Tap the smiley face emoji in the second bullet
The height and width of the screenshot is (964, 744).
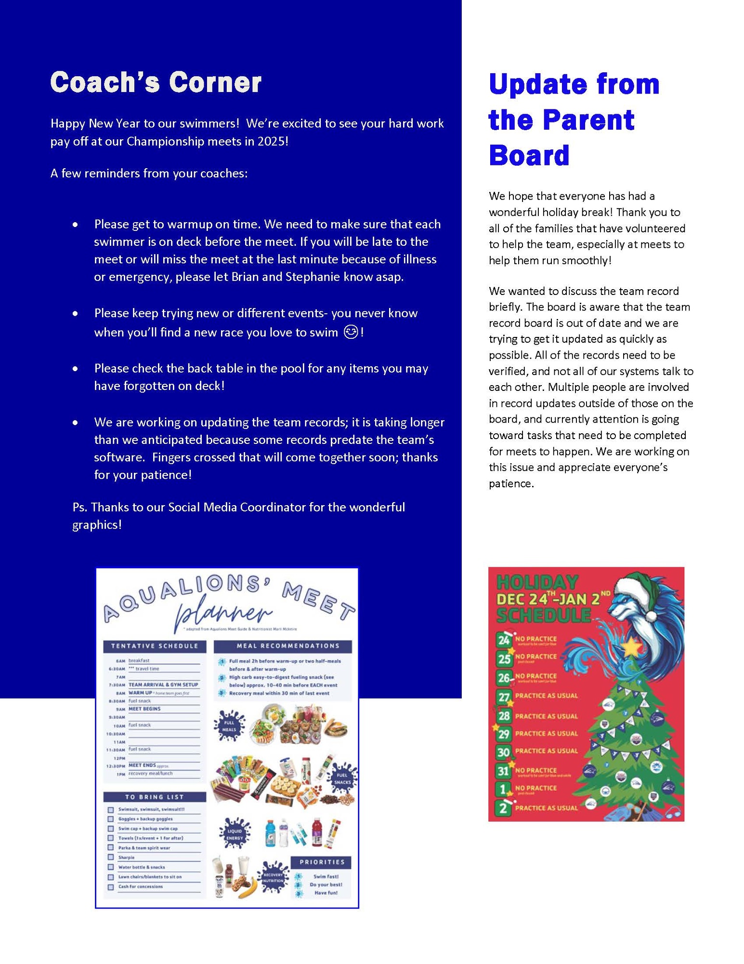click(351, 332)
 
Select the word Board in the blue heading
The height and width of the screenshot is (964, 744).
click(529, 155)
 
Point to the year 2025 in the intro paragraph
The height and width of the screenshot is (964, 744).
click(274, 141)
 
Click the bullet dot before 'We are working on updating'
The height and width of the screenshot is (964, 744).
click(75, 423)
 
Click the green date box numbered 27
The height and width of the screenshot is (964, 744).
click(503, 697)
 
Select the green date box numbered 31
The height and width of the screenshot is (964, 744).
click(503, 771)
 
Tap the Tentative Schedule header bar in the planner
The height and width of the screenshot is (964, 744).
click(155, 646)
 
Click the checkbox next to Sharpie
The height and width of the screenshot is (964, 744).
click(111, 857)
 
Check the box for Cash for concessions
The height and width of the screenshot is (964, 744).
click(111, 886)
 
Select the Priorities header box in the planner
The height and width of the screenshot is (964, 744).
click(322, 862)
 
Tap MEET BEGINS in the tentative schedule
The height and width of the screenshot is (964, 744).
click(144, 709)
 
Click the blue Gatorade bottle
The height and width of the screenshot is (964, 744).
click(271, 833)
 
